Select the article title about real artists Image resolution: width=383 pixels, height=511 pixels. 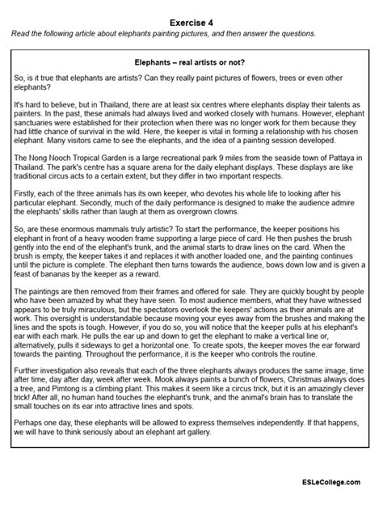point(191,61)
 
